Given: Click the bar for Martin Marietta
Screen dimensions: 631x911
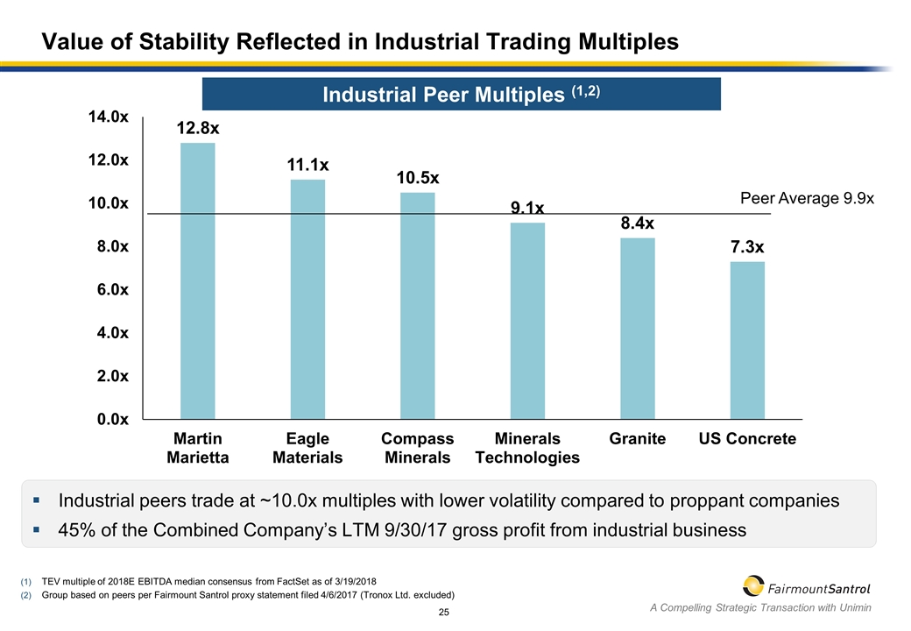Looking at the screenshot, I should tap(197, 280).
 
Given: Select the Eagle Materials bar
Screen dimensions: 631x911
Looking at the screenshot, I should tap(307, 299).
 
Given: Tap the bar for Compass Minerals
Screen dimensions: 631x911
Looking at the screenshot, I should tap(418, 306).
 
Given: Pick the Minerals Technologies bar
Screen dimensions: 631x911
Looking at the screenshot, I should tap(527, 321).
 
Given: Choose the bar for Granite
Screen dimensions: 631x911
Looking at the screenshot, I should tap(637, 329).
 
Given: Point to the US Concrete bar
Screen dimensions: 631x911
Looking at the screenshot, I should tap(747, 340).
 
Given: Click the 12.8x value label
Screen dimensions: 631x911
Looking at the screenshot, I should tap(197, 129).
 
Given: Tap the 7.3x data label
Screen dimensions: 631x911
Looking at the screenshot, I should tap(747, 248).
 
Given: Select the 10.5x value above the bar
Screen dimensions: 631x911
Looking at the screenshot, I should tap(418, 178).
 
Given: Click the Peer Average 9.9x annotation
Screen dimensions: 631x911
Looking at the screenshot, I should tap(807, 199).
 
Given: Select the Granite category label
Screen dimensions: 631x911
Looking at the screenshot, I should tap(637, 439).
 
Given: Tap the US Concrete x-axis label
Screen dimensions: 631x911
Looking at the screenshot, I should tap(747, 439).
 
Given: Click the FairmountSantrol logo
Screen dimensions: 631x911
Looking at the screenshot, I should tap(807, 585).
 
